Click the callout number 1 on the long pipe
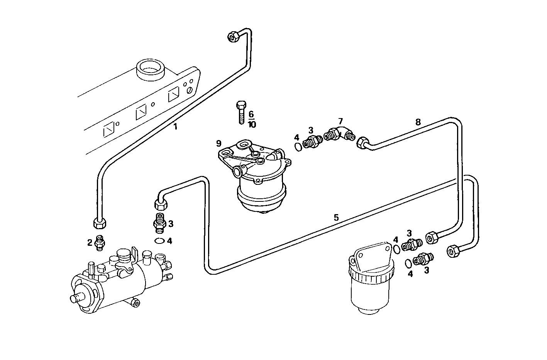(x=175, y=126)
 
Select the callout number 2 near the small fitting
(x=90, y=242)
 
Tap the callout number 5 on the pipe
(x=336, y=218)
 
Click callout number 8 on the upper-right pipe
(x=418, y=122)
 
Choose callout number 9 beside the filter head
(x=219, y=144)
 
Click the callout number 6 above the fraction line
(x=251, y=114)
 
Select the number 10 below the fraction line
(x=252, y=124)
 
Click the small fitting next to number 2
(x=100, y=242)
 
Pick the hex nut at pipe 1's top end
(x=233, y=36)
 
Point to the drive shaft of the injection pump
(x=75, y=298)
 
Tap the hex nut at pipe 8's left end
(x=362, y=143)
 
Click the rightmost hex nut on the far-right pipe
(x=452, y=251)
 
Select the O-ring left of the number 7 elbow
(x=298, y=146)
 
